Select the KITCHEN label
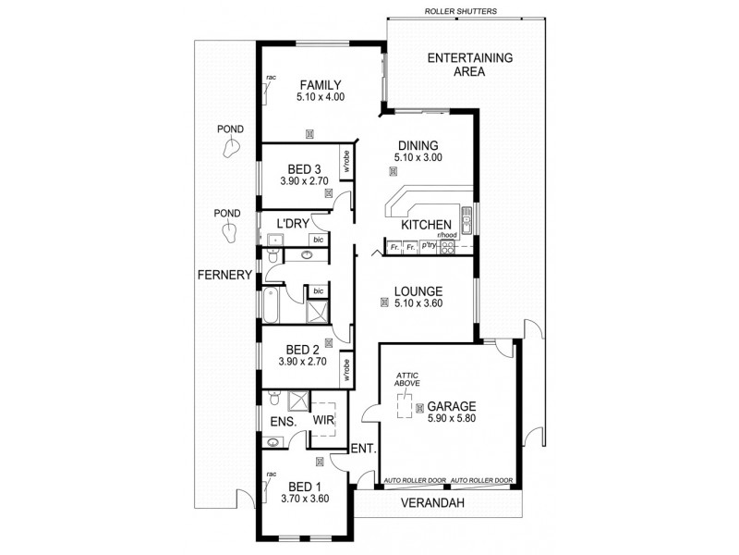426,226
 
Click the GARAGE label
451,406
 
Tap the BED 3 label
304,169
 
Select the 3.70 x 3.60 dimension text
305,499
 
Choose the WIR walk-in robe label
322,421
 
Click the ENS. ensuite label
282,422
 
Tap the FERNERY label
224,275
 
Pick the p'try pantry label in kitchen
428,248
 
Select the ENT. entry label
361,450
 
